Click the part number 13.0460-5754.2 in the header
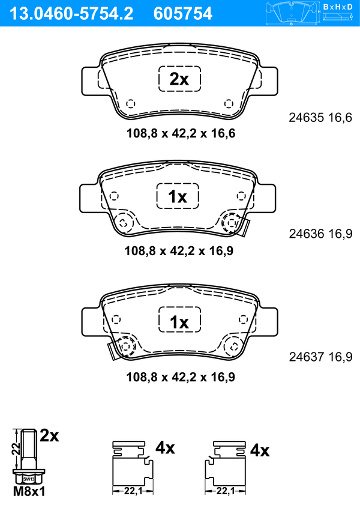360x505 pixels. click(x=71, y=14)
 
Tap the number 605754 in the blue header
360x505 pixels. click(x=183, y=14)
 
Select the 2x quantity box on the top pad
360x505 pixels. click(x=179, y=79)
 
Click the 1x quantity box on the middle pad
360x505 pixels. click(x=178, y=196)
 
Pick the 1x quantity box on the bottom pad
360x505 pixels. click(x=179, y=319)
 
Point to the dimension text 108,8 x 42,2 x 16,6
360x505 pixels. click(x=181, y=133)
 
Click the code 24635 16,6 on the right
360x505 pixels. click(x=320, y=118)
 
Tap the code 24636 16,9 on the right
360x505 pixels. click(x=320, y=234)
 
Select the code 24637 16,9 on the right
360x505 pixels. click(x=320, y=357)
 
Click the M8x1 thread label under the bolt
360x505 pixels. click(x=29, y=491)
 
